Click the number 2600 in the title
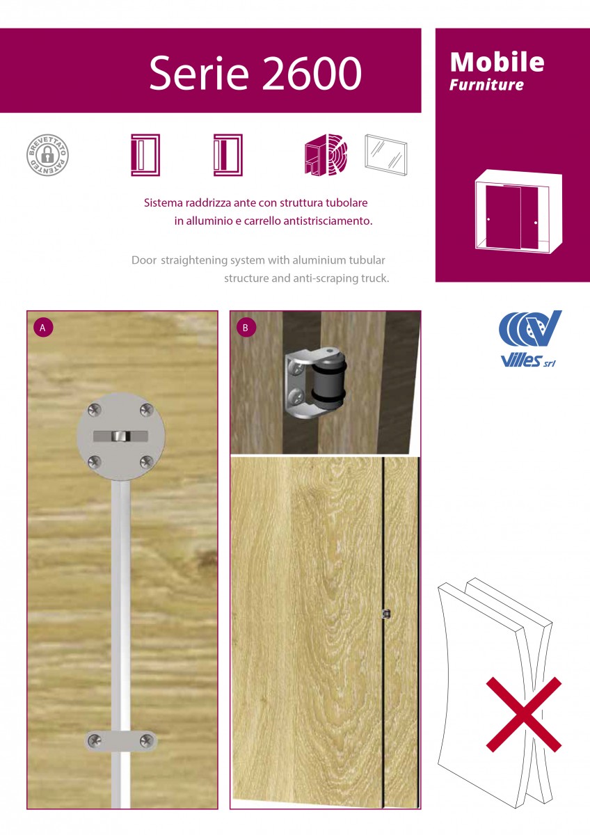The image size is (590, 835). tap(312, 72)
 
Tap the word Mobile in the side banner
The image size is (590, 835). tap(497, 62)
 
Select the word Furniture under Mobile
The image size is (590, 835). tap(486, 85)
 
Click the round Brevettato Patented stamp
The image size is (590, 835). tap(48, 155)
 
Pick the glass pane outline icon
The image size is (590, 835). tap(385, 154)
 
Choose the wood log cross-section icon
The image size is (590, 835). tap(326, 154)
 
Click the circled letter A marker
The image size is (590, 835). tap(43, 328)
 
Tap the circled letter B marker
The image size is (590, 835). tap(246, 328)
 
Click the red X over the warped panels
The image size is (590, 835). tap(524, 714)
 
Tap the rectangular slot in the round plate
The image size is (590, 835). tap(120, 436)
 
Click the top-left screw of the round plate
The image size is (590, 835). tap(95, 410)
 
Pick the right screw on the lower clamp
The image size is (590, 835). tap(146, 740)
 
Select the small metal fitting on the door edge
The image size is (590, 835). tap(387, 613)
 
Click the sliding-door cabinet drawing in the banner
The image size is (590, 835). tap(518, 211)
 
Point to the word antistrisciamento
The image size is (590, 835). tap(328, 221)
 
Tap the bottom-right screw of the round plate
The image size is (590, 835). tap(147, 462)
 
